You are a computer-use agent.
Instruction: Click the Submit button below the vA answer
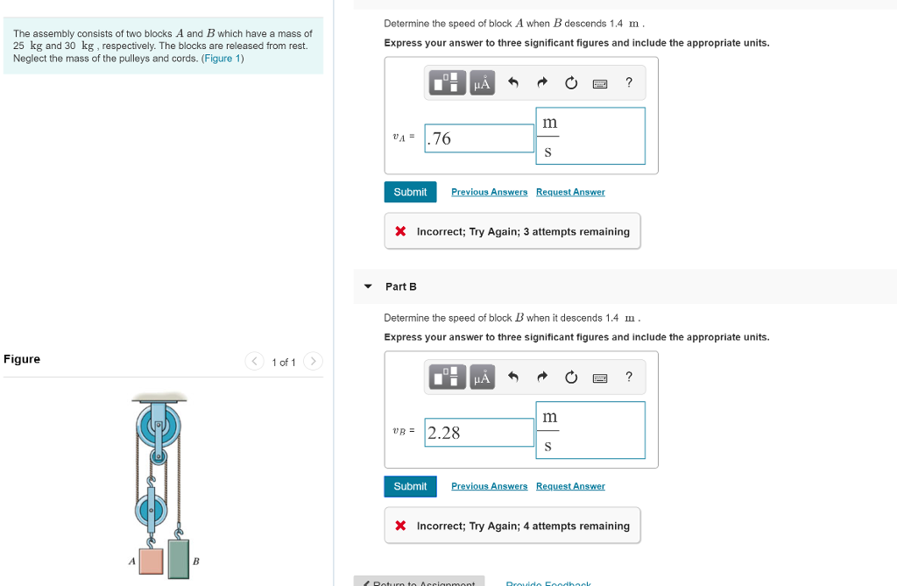(410, 192)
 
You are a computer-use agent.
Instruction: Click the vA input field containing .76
(479, 138)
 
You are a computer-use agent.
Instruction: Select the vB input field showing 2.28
(479, 433)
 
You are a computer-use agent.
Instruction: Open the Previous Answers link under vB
(489, 486)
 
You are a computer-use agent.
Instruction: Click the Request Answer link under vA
(570, 192)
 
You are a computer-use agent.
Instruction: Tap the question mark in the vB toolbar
(628, 378)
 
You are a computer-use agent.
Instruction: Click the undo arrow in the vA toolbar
(513, 83)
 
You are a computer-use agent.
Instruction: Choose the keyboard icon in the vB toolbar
(600, 378)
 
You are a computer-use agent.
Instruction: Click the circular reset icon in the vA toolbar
(571, 83)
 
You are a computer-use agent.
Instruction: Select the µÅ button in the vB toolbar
(481, 378)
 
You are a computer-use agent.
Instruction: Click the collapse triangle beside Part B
(368, 286)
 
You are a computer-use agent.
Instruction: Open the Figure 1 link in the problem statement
(222, 59)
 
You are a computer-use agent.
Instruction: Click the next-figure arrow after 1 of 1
(314, 362)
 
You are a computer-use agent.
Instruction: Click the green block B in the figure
(179, 559)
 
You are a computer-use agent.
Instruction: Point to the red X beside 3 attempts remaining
(400, 232)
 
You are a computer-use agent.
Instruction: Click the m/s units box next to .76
(590, 137)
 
